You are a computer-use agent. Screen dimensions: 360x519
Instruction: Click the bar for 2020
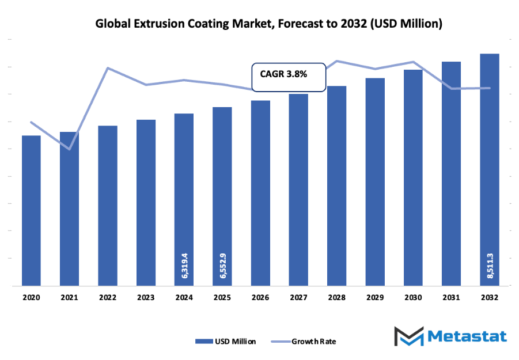[x=31, y=210]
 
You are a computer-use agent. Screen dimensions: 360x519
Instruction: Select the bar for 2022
[x=108, y=205]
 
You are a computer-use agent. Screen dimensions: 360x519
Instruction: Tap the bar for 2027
[x=298, y=190]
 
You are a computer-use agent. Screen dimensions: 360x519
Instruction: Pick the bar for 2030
[x=412, y=177]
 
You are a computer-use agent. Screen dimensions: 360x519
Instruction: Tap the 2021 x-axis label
[x=69, y=297]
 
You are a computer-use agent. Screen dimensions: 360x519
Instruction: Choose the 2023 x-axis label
[x=146, y=297]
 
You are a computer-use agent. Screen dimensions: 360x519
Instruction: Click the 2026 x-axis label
[x=260, y=297]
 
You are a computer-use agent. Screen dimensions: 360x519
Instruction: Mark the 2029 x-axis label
[x=374, y=297]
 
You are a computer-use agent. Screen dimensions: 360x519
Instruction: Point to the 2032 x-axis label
[x=489, y=297]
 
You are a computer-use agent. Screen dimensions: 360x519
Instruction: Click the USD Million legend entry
[x=226, y=341]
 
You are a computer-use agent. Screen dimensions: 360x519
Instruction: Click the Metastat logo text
[x=467, y=336]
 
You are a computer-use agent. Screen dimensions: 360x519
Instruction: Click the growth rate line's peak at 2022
[x=108, y=68]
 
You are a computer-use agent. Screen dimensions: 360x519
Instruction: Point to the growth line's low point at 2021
[x=69, y=149]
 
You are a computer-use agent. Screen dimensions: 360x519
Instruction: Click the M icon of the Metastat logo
[x=408, y=336]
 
